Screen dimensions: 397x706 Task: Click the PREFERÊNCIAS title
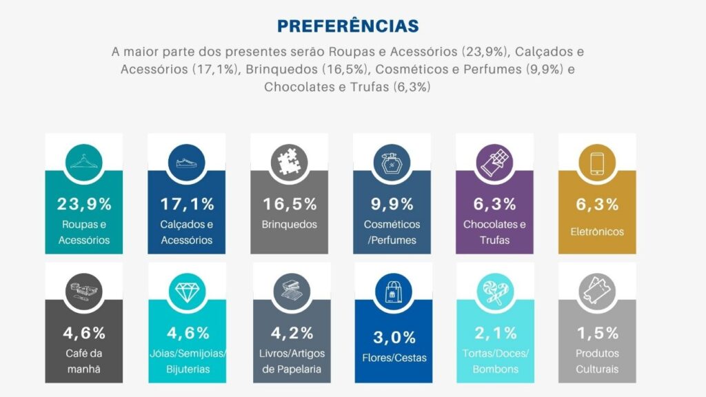point(348,26)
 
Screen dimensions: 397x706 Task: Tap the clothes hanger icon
point(83,161)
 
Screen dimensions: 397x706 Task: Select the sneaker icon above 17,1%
point(186,161)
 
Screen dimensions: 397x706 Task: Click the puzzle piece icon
point(289,161)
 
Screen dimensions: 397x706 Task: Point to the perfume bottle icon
point(392,161)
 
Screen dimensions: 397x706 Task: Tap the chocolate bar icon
point(494,161)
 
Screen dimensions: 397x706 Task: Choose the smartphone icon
point(597,161)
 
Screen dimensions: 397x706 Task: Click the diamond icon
point(186,292)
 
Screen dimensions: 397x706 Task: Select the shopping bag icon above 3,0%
point(392,292)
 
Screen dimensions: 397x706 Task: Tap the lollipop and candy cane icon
point(494,292)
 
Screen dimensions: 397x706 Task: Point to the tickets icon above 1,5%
point(597,292)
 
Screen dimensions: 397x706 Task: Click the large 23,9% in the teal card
point(83,204)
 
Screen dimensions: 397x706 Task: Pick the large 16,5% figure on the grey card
point(289,204)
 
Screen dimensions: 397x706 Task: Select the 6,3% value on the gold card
point(597,204)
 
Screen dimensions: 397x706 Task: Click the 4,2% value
point(289,334)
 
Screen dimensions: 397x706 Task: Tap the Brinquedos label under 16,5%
point(289,225)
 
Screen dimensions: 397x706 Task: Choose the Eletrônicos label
point(597,232)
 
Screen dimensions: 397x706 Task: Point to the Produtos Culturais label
point(597,361)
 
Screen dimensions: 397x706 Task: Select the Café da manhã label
point(83,361)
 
